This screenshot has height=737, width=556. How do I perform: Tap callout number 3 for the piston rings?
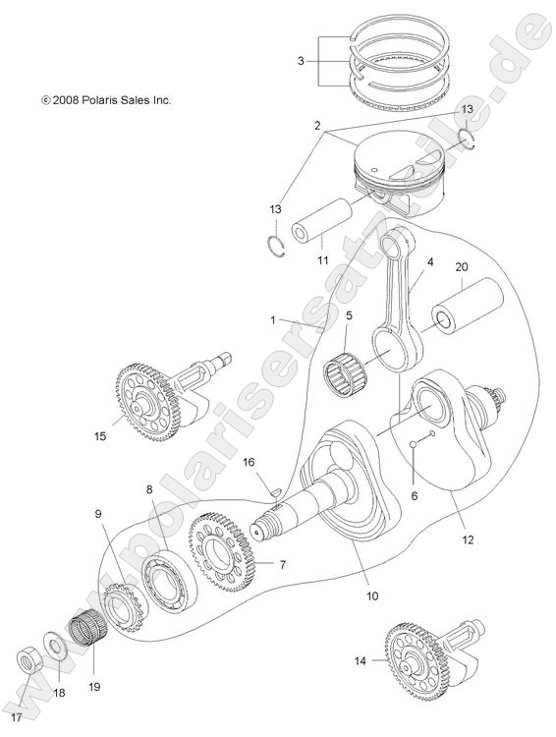tap(301, 62)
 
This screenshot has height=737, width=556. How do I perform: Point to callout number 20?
tap(461, 267)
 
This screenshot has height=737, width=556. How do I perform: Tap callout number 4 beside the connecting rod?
tap(429, 263)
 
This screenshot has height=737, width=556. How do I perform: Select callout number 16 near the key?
tap(250, 462)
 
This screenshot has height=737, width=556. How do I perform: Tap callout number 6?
tap(414, 497)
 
